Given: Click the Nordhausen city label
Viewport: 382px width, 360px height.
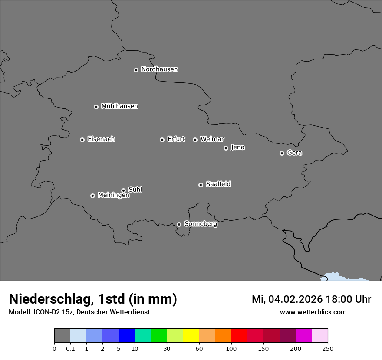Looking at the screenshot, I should [x=159, y=69].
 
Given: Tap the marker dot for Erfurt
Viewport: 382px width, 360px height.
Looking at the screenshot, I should [x=162, y=140].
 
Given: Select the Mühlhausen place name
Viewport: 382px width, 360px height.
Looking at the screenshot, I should [x=119, y=106].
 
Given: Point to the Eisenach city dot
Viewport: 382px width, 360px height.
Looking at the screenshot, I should [x=82, y=140].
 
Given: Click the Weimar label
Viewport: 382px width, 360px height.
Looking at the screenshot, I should [x=212, y=139].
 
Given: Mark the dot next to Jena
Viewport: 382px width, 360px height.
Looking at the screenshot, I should [x=226, y=148].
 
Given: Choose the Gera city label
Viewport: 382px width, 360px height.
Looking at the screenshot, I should [x=294, y=153].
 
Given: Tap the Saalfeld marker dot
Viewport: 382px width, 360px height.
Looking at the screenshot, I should [x=201, y=185].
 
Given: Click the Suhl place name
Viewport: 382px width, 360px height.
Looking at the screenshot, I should [x=135, y=190].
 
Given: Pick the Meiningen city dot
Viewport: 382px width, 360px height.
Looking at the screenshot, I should [x=92, y=196].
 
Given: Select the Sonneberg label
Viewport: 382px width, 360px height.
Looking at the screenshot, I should [x=201, y=224].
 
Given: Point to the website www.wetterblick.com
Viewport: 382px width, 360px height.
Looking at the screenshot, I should [x=313, y=312].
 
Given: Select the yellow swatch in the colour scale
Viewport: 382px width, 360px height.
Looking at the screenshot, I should [x=191, y=336].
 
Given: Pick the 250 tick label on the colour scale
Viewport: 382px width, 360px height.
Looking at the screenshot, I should [x=328, y=349].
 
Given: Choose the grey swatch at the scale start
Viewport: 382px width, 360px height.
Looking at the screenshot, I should [x=62, y=336].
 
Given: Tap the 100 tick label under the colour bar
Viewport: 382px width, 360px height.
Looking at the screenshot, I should [x=231, y=349].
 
